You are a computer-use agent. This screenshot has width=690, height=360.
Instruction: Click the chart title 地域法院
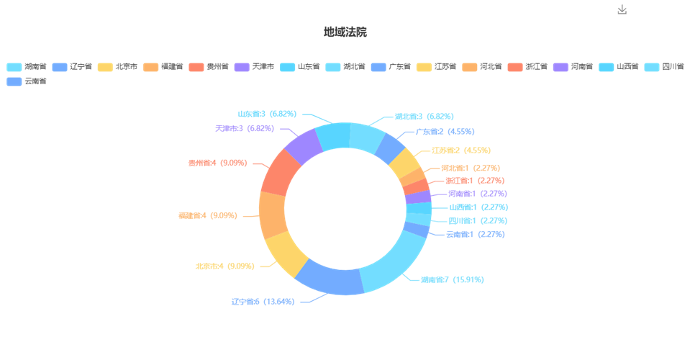(x=345, y=32)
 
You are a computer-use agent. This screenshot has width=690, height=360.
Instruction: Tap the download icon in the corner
(x=622, y=9)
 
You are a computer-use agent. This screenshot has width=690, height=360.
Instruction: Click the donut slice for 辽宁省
(x=329, y=278)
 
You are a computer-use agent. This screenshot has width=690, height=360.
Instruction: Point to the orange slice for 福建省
(x=273, y=215)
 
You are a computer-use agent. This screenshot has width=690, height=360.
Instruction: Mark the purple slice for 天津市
(x=304, y=147)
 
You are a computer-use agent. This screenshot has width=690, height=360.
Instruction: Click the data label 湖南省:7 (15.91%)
(x=452, y=279)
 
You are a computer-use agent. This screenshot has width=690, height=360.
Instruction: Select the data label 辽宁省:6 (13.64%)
(x=263, y=302)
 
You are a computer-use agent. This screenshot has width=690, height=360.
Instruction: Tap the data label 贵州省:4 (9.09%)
(x=217, y=163)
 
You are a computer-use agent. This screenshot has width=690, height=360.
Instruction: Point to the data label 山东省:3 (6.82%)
(x=267, y=114)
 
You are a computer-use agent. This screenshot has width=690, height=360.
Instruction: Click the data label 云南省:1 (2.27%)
(x=476, y=234)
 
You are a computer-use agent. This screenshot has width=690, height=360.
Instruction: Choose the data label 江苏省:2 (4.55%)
(x=460, y=150)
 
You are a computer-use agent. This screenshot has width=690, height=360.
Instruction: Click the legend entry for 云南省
(x=27, y=81)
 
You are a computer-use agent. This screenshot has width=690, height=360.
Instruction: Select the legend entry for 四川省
(x=664, y=67)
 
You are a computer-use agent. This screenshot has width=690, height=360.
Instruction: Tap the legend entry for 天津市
(x=254, y=67)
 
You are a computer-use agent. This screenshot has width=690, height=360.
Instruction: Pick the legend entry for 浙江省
(x=527, y=67)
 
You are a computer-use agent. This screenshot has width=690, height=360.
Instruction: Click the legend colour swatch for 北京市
(x=105, y=67)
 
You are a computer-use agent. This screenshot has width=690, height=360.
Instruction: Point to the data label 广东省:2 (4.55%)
(x=445, y=132)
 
